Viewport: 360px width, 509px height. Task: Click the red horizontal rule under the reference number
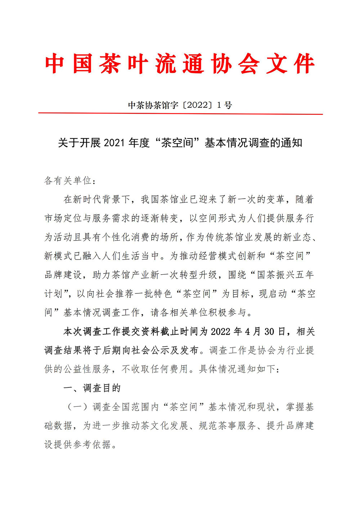(x=180, y=114)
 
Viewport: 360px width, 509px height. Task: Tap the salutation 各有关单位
(x=68, y=180)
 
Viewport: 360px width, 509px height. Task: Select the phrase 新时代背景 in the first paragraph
(x=97, y=199)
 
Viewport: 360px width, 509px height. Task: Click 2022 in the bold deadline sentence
(x=220, y=332)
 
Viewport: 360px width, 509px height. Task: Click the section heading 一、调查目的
(x=92, y=388)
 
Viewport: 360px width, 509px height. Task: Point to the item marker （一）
(x=77, y=407)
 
